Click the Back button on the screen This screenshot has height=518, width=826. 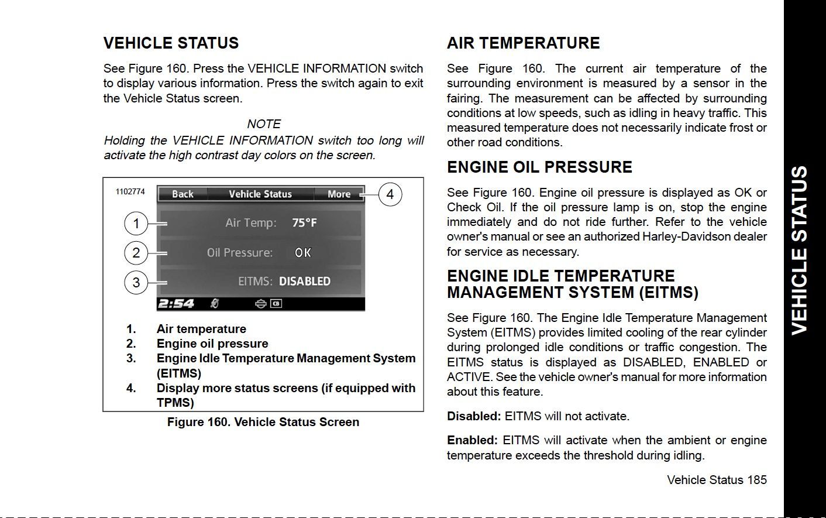(183, 194)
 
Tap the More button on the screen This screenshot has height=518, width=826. (339, 194)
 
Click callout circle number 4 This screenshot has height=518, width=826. (390, 194)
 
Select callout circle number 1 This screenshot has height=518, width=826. (136, 223)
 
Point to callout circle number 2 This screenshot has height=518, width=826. (136, 253)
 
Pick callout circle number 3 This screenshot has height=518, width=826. (136, 283)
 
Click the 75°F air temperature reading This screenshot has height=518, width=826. (304, 223)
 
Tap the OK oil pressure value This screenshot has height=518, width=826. (303, 253)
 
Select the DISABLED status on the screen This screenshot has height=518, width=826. (305, 282)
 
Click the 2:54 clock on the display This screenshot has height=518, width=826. (176, 304)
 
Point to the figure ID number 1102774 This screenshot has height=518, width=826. (130, 191)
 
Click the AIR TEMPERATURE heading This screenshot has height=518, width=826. (523, 43)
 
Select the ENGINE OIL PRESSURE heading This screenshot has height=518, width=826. (539, 167)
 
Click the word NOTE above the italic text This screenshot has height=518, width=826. (264, 124)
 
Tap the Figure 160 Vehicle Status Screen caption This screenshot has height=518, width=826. (263, 422)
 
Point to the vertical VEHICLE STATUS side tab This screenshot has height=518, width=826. (799, 250)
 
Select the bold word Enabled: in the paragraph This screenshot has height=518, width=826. (472, 440)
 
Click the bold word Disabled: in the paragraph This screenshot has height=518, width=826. (474, 416)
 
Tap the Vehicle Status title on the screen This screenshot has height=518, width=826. (260, 194)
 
